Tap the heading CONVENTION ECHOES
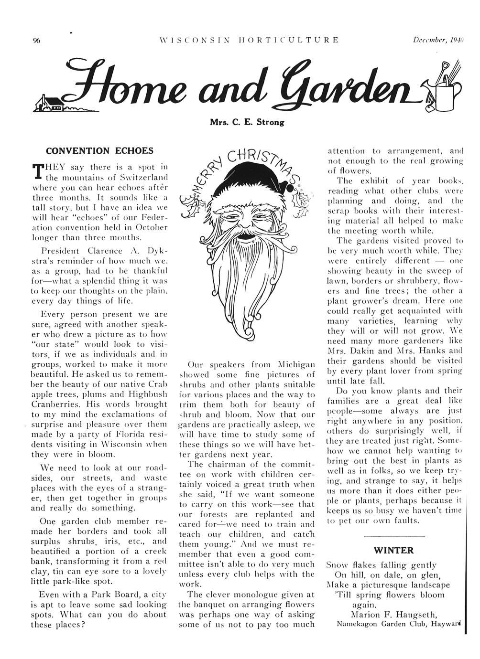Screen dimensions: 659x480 click(x=99, y=151)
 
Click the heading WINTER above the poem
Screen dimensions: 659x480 click(x=393, y=550)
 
